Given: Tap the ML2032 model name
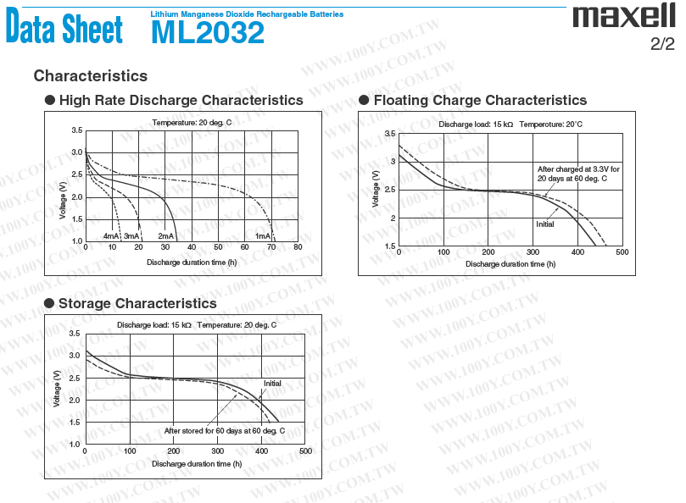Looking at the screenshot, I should [x=208, y=32].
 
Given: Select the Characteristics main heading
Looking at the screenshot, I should [x=90, y=76].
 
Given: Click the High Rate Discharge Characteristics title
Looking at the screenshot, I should [x=181, y=101].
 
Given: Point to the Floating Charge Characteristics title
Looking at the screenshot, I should [x=480, y=101].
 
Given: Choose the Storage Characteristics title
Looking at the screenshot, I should [x=137, y=303].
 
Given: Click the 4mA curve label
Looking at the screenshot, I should [x=111, y=236].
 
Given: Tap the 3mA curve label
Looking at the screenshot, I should [x=131, y=236].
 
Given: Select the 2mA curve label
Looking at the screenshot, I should [x=166, y=236].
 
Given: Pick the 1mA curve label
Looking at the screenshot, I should [x=263, y=236].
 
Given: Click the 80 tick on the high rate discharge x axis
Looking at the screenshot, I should [x=298, y=247].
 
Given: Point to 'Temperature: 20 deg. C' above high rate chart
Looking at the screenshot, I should [x=192, y=123].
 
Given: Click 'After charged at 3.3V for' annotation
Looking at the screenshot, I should [x=578, y=169].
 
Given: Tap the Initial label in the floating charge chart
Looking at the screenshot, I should [x=544, y=224].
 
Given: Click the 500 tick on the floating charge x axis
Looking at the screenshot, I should [x=622, y=252].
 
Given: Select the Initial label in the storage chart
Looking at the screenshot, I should [x=272, y=384].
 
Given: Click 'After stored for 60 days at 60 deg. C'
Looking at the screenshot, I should [x=224, y=431].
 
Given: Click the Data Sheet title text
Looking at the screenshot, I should [x=64, y=28].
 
